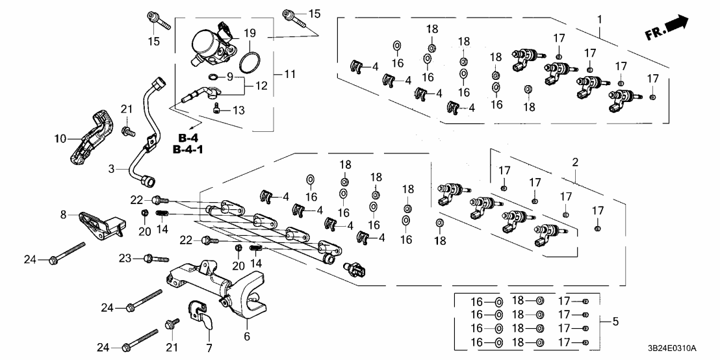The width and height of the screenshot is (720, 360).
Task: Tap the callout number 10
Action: pos(60,138)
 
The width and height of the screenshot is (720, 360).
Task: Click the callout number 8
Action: pos(63,214)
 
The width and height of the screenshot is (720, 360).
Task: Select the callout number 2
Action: pos(574,161)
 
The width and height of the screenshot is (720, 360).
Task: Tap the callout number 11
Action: pos(290,75)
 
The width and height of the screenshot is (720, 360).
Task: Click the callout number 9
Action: pos(229,77)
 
